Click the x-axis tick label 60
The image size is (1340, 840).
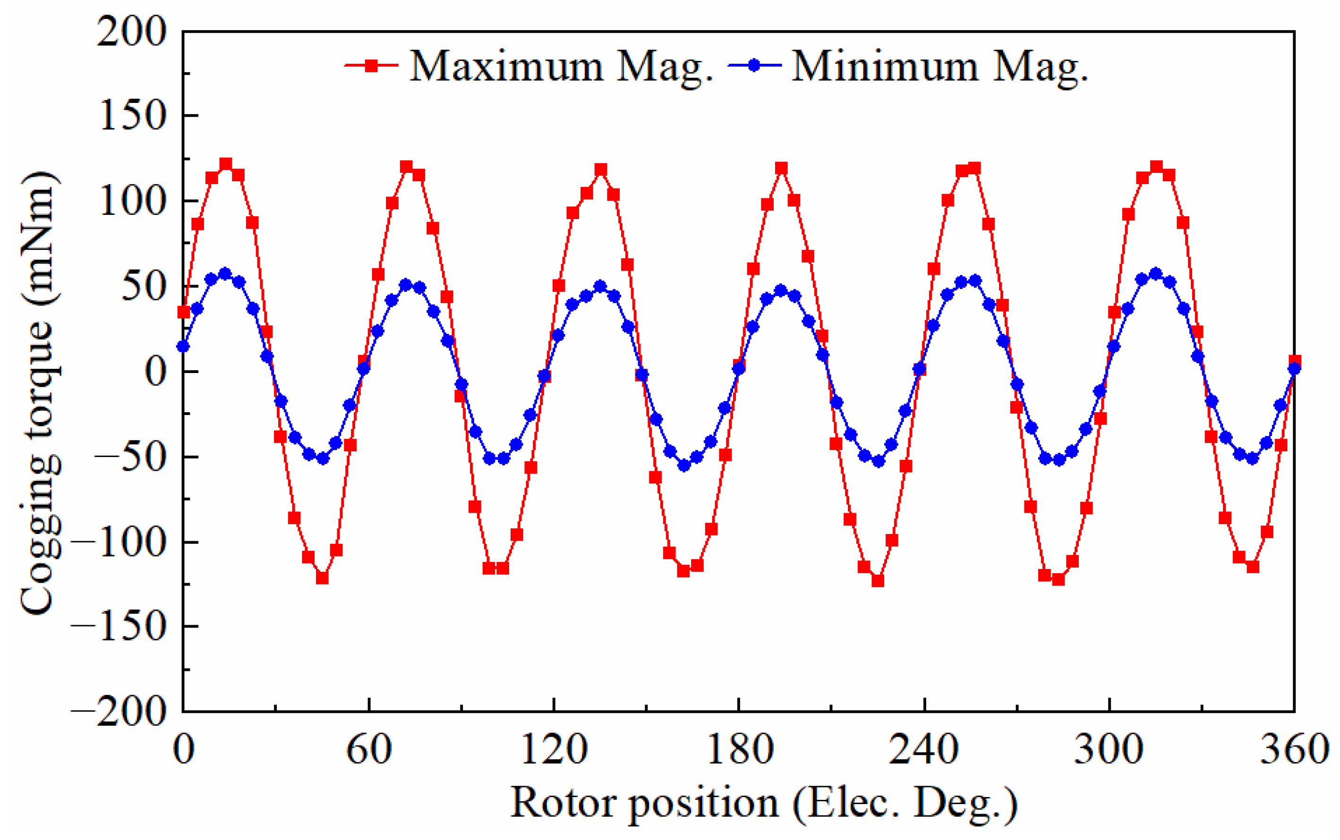pyautogui.click(x=369, y=749)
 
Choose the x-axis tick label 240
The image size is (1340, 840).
pyautogui.click(x=924, y=749)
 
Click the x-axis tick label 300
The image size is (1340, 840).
pyautogui.click(x=1109, y=749)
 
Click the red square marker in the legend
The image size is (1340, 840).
pyautogui.click(x=371, y=66)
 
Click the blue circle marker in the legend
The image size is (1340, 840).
pyautogui.click(x=754, y=66)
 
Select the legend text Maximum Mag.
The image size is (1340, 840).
pyautogui.click(x=561, y=67)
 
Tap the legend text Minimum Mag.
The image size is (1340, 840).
pyautogui.click(x=939, y=67)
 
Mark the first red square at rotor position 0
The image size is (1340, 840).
pyautogui.click(x=184, y=312)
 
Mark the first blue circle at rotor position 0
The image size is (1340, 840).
pyautogui.click(x=183, y=346)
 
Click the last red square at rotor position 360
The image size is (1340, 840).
pyautogui.click(x=1295, y=361)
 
